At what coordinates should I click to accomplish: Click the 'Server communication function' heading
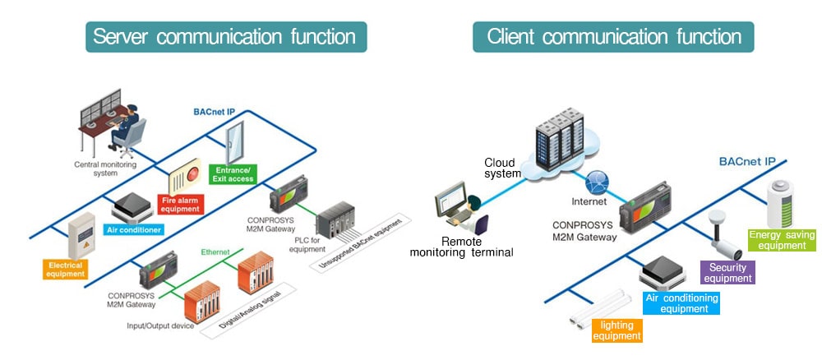[x=225, y=37]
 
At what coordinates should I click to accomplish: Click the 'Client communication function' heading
[x=613, y=37]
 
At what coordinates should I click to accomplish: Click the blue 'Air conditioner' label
[x=134, y=229]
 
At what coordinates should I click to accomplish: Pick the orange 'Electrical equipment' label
[x=66, y=268]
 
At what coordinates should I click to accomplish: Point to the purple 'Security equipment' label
[x=727, y=272]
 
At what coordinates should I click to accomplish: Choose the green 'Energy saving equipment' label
[x=782, y=240]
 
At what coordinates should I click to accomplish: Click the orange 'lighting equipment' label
[x=616, y=330]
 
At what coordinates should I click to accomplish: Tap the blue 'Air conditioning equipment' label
[x=681, y=303]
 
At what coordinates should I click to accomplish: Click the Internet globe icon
[x=598, y=182]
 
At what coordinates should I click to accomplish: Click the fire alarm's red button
[x=193, y=173]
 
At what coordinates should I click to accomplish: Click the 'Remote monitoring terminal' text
[x=461, y=247]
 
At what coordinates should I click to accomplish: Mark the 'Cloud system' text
[x=501, y=168]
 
